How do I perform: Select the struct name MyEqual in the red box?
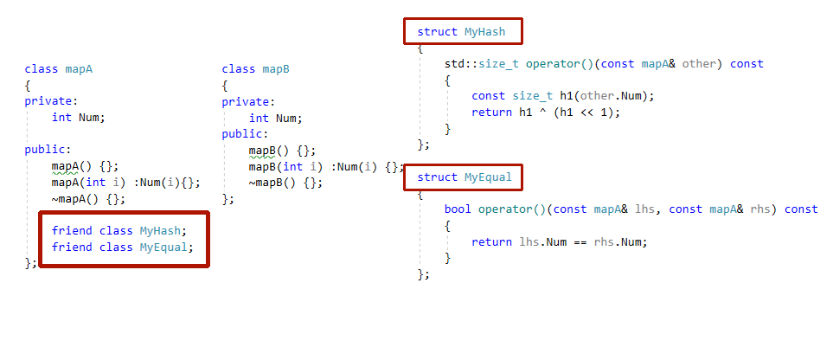click(488, 177)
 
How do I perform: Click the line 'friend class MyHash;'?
click(119, 231)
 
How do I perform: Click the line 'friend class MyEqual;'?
click(122, 247)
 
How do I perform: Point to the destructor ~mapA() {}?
click(88, 199)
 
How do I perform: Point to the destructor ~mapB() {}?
click(285, 183)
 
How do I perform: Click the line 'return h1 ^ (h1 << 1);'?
click(547, 112)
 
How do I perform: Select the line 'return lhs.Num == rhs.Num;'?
click(559, 241)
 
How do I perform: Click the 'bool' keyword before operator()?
click(458, 209)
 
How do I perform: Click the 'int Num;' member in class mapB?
click(276, 118)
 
